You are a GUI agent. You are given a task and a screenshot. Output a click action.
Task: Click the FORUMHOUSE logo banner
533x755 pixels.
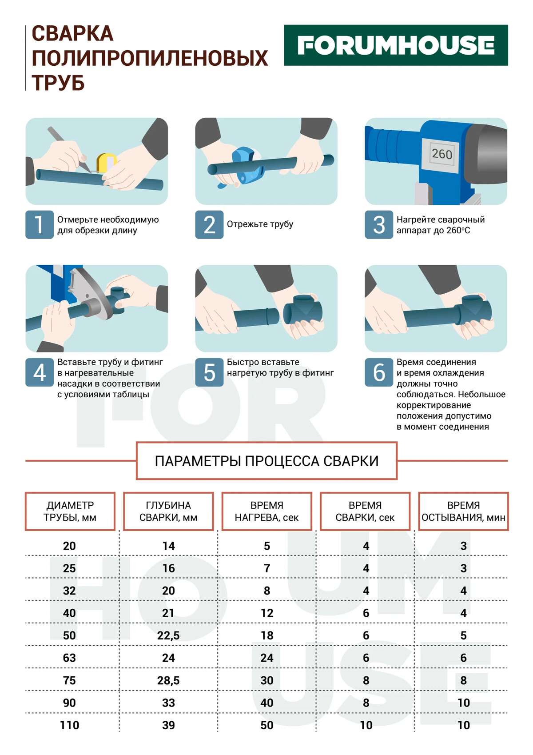[396, 45]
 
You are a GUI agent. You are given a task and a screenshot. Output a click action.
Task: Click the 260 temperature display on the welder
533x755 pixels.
[442, 154]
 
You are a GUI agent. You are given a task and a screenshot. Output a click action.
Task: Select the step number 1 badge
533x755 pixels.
[40, 224]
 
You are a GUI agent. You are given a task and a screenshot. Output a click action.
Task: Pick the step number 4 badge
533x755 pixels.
[40, 372]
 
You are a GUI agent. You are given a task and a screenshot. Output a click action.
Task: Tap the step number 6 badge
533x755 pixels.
[379, 372]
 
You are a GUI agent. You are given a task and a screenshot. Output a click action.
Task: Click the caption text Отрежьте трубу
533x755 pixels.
[260, 224]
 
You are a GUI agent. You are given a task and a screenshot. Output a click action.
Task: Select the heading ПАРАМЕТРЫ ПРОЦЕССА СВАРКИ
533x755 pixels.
[266, 461]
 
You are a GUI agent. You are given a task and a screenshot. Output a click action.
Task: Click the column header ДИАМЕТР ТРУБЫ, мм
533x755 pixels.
[70, 511]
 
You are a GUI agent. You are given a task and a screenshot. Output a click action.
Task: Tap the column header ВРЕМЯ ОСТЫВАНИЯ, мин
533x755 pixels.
[463, 511]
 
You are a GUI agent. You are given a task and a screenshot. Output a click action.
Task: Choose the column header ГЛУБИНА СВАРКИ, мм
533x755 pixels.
[168, 511]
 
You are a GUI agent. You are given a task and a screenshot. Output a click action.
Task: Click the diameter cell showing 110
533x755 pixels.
[69, 725]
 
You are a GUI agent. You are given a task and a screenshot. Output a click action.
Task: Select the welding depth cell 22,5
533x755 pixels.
[168, 635]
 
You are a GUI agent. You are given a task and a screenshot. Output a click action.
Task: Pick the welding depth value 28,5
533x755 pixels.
[168, 680]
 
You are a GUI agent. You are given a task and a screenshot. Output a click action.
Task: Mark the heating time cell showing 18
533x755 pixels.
[267, 635]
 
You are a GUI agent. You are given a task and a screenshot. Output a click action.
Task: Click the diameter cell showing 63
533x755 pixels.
[69, 658]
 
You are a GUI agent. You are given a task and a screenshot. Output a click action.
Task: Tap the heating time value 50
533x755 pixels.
[267, 725]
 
